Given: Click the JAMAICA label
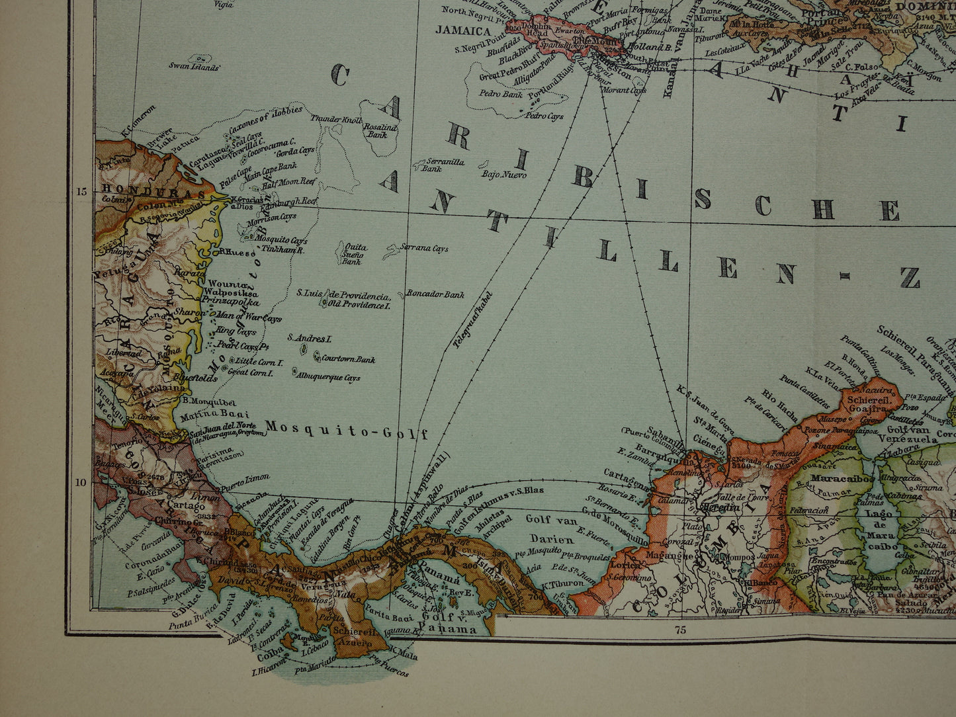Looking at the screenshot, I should tap(463, 30).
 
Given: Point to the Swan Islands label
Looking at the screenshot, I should tap(194, 66).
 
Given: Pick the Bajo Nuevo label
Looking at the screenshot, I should tap(504, 175).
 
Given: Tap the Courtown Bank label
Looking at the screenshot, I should tap(348, 359).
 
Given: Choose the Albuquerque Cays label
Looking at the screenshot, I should tap(327, 377).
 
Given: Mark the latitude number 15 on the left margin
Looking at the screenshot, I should tap(81, 192).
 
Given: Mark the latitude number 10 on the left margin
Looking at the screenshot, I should tap(81, 482).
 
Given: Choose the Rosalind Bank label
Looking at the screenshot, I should tap(378, 130).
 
